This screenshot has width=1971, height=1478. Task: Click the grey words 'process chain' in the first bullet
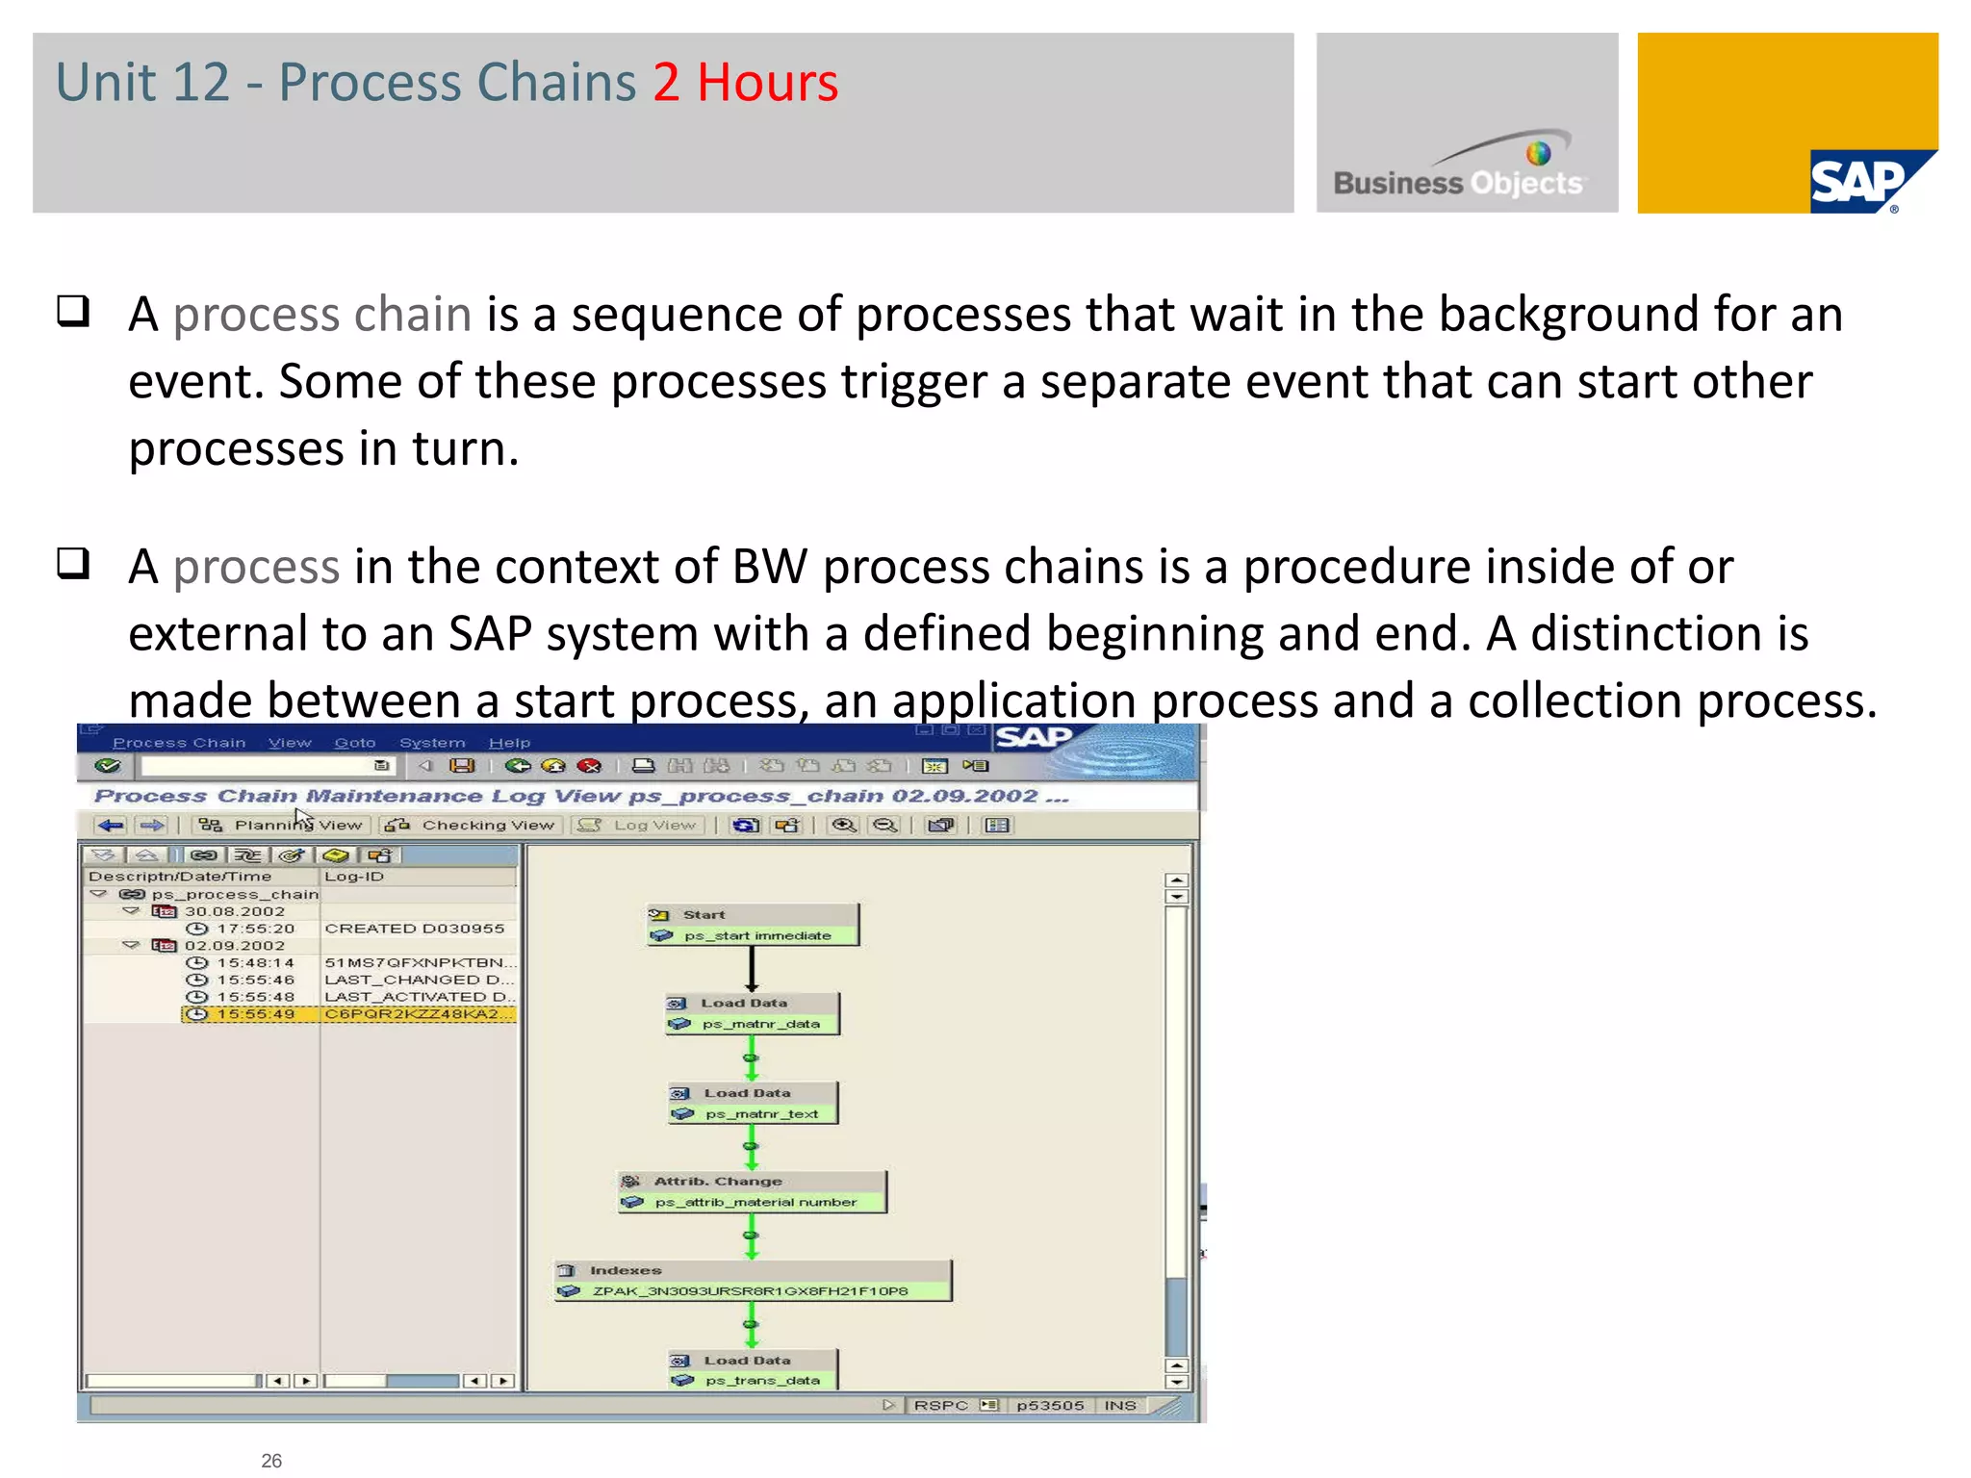[x=321, y=315]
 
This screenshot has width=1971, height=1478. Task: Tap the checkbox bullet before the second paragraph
[x=73, y=563]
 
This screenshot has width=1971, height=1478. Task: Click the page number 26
[x=271, y=1460]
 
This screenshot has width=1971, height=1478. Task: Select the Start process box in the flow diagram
[x=753, y=925]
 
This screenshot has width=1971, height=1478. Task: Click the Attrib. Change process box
[x=752, y=1191]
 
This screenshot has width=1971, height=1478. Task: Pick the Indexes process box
[x=753, y=1281]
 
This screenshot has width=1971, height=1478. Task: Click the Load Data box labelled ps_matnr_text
[x=753, y=1103]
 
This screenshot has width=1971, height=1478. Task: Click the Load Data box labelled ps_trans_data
[x=753, y=1369]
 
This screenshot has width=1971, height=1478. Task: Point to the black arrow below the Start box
[x=752, y=968]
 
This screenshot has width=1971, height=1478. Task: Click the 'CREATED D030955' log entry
[x=414, y=929]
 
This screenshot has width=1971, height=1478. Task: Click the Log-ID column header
[x=354, y=877]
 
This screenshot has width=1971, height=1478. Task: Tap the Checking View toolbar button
[x=472, y=825]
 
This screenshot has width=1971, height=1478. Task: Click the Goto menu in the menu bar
[x=354, y=743]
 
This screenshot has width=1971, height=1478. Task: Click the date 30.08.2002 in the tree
[x=235, y=911]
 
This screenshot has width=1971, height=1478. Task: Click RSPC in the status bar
[x=940, y=1405]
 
